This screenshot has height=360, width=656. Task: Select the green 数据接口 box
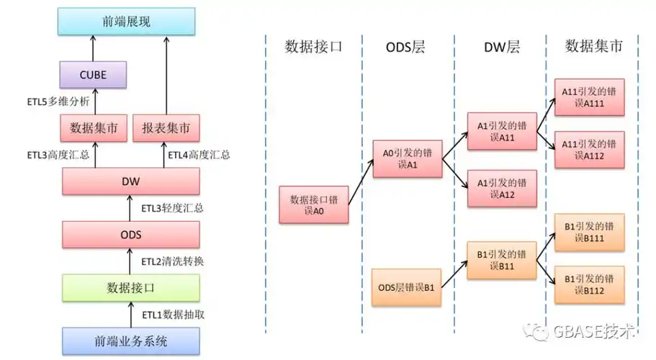coord(130,287)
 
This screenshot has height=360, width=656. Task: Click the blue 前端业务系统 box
coord(130,341)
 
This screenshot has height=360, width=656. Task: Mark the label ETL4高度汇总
coord(199,155)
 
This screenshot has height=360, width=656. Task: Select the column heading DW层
coord(503,48)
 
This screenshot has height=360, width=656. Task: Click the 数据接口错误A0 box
coord(315,204)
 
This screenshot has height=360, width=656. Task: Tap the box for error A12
coord(503,189)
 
